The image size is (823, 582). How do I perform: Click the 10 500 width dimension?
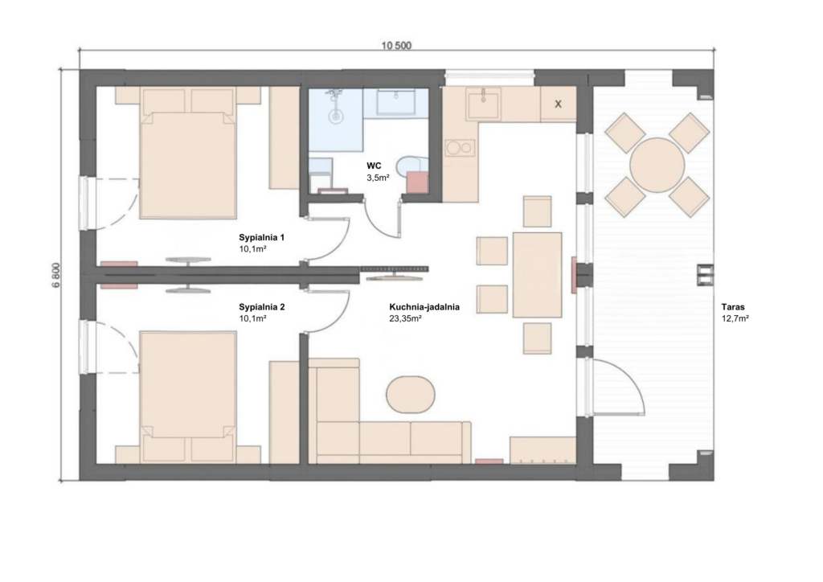point(396,46)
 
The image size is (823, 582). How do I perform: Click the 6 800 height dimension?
point(56,274)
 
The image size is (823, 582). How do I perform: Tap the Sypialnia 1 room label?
point(261,237)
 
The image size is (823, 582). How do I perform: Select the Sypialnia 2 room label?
point(261,307)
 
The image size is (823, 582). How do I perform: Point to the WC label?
point(374,166)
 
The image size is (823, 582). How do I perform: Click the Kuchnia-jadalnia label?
point(424,307)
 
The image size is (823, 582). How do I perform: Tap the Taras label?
point(733,307)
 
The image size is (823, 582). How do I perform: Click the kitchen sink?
point(483,104)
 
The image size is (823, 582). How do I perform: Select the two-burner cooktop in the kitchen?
point(460,148)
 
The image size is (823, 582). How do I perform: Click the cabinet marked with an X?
point(558,104)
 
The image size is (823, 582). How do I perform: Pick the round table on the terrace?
point(657,165)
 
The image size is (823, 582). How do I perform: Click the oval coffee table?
point(411,394)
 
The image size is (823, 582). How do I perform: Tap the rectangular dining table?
point(537,275)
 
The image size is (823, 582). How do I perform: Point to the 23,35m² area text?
point(406,318)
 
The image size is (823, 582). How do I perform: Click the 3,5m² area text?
point(378,178)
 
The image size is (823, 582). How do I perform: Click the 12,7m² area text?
point(735,318)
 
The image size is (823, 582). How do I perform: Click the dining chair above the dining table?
point(538,211)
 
